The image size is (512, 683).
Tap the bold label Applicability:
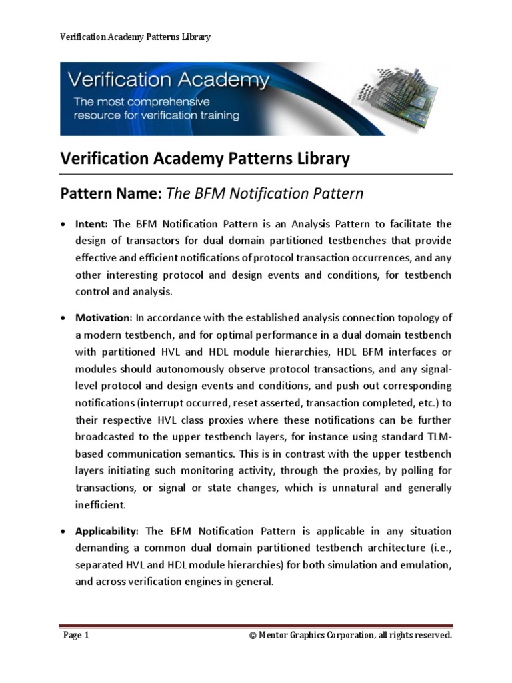(107, 531)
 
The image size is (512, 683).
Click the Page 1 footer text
(76, 636)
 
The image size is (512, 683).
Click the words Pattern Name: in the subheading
(111, 194)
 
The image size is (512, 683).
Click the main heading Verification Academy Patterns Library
(205, 159)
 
